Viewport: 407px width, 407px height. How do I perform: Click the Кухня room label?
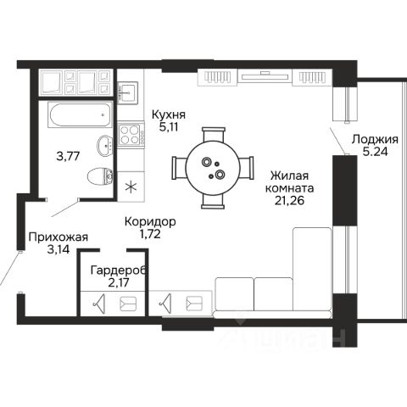coord(169,115)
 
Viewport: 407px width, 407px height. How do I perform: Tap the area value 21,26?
coord(289,201)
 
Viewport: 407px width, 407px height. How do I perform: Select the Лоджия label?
coord(375,140)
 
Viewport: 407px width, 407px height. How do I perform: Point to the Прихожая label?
coord(59,237)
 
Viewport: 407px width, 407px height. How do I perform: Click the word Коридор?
coord(150,222)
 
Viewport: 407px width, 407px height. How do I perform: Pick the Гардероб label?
coord(119,270)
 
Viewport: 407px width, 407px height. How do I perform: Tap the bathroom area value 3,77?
coord(68,156)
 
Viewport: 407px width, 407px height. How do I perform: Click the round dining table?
coord(213,169)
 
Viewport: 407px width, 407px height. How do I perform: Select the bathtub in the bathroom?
coord(79,114)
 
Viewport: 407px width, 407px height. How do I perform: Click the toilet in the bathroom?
coord(100,177)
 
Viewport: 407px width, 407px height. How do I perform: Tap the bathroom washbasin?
coord(105,145)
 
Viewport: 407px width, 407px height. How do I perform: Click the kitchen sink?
coord(127,92)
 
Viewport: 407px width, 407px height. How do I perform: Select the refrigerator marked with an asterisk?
coord(131,187)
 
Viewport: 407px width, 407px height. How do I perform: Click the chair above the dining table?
coord(214,135)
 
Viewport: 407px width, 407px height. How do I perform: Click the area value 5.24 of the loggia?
coord(375,152)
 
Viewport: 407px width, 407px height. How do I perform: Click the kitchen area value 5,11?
coord(169,127)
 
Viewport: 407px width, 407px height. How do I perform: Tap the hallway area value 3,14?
coord(59,249)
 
